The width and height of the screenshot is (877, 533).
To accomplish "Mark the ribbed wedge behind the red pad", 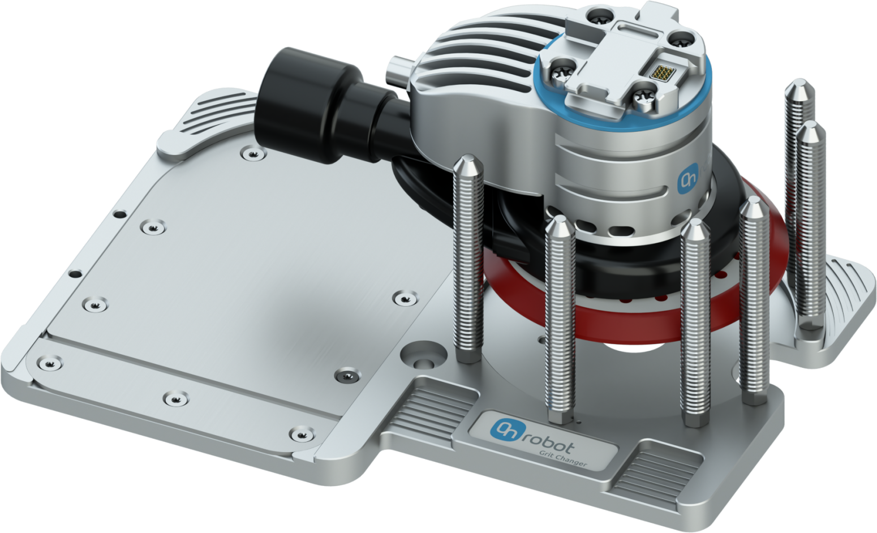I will point(843,289).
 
